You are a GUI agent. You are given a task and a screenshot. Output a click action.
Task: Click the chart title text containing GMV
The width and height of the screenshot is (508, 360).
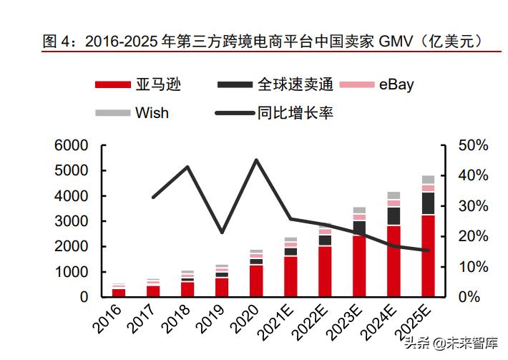pos(262,42)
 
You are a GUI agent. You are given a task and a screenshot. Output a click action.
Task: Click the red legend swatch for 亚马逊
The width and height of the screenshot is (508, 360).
pos(113,85)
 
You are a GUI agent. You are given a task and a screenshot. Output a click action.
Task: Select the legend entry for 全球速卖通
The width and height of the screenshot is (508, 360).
pos(295,85)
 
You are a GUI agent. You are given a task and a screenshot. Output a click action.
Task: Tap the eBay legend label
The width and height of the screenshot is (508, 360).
pos(395,85)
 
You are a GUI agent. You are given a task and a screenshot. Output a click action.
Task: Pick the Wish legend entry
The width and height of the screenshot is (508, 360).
pos(152,112)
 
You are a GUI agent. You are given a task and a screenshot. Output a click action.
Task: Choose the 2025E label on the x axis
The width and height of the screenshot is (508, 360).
pos(419,319)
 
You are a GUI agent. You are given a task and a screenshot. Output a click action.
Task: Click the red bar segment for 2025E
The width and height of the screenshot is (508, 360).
pos(428,256)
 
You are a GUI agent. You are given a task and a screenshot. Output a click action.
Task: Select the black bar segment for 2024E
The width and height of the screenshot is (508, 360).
pos(394,216)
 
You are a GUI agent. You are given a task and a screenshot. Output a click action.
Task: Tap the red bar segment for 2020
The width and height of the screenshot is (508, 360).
pos(256,281)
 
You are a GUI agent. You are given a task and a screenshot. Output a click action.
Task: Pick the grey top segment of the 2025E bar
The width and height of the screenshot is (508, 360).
pos(428,180)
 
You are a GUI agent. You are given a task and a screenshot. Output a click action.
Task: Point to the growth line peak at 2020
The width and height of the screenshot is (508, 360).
pos(256,160)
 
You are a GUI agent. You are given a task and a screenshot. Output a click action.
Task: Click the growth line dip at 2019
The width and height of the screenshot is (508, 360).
pos(222,233)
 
